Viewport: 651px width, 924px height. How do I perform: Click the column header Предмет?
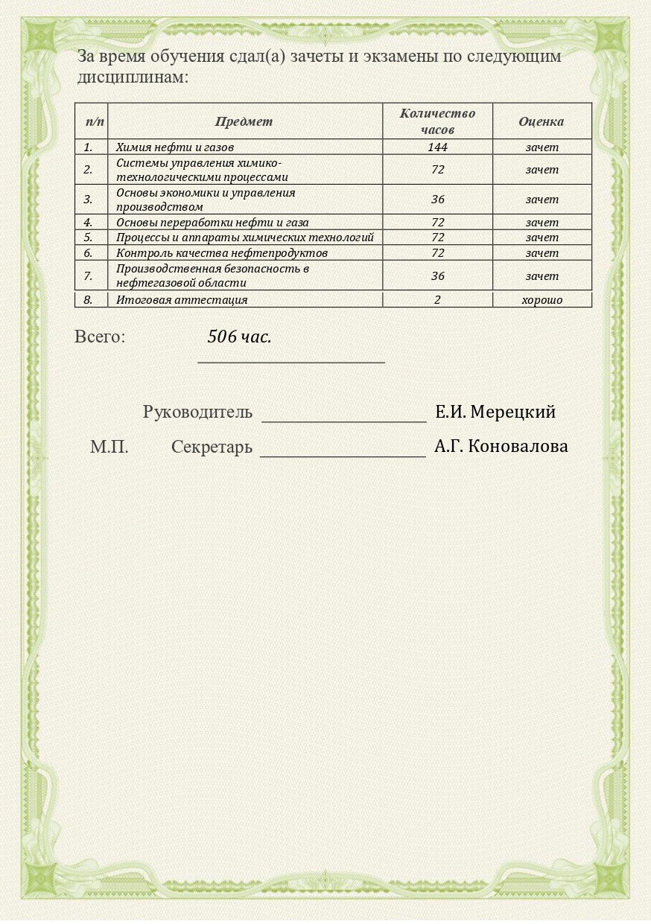coord(244,121)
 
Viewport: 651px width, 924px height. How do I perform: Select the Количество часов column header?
coord(437,121)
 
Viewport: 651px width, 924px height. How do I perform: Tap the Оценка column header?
coord(542,121)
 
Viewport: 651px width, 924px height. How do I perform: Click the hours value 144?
coord(437,147)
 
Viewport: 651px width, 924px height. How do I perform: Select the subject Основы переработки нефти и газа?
coord(212,222)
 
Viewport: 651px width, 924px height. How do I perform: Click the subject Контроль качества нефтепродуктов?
coord(222,253)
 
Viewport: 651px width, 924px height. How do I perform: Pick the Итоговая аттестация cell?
coord(182,300)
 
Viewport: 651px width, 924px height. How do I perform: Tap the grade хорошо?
coord(542,300)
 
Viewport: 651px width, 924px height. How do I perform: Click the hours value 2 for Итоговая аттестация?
coord(437,300)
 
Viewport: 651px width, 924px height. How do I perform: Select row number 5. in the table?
coord(88,238)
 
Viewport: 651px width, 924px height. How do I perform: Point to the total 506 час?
coord(239,337)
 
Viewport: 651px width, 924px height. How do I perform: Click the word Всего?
coord(100,337)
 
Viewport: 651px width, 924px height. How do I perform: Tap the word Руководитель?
coord(197,412)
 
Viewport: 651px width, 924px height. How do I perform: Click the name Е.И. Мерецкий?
coord(495,412)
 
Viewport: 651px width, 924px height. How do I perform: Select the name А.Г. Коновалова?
coord(501,447)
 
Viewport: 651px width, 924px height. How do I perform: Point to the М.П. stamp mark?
coord(109,447)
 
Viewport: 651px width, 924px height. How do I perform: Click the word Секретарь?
coord(212,447)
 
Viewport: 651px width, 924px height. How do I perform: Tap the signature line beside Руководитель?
coord(343,420)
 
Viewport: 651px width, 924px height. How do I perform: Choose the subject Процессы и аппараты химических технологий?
coord(245,238)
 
